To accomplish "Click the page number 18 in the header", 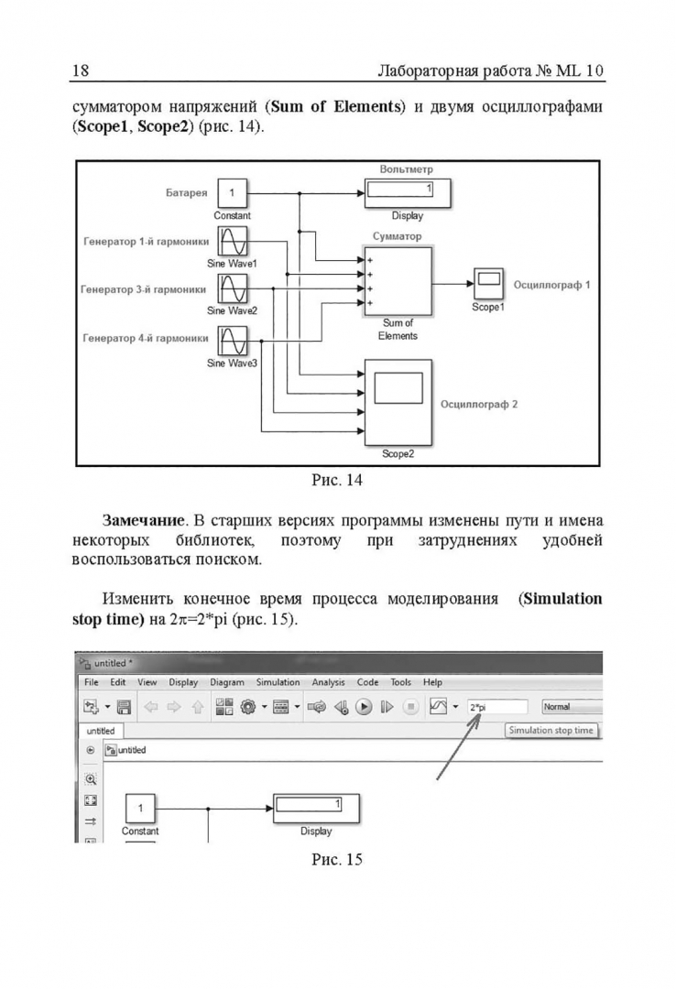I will [80, 71].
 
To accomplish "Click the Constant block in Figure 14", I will [232, 193].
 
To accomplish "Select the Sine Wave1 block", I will [232, 242].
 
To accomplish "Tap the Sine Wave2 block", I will [232, 290].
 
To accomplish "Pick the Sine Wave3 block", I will [232, 339].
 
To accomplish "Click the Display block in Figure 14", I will [407, 193].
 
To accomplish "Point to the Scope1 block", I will [487, 279].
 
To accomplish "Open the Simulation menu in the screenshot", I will [278, 682].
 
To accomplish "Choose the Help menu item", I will [432, 682].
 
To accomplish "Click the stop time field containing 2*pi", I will [496, 707].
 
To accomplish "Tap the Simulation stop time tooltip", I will [551, 730].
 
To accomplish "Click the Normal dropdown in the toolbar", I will [570, 707].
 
